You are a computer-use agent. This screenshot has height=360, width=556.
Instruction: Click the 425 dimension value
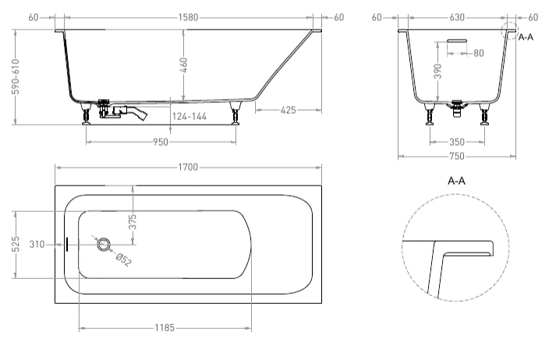288,111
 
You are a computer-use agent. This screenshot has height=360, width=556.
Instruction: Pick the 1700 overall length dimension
188,168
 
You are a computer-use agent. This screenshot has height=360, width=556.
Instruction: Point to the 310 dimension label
36,244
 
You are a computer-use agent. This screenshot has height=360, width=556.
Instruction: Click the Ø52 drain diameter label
123,259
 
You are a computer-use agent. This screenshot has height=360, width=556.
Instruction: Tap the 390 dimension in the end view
439,72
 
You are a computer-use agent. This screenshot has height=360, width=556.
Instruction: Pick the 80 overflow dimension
478,53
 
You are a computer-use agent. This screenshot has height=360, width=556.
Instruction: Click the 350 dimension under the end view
457,142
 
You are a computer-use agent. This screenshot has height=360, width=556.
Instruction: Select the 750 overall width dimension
457,157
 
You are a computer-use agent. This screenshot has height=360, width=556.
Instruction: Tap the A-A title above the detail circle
457,181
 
